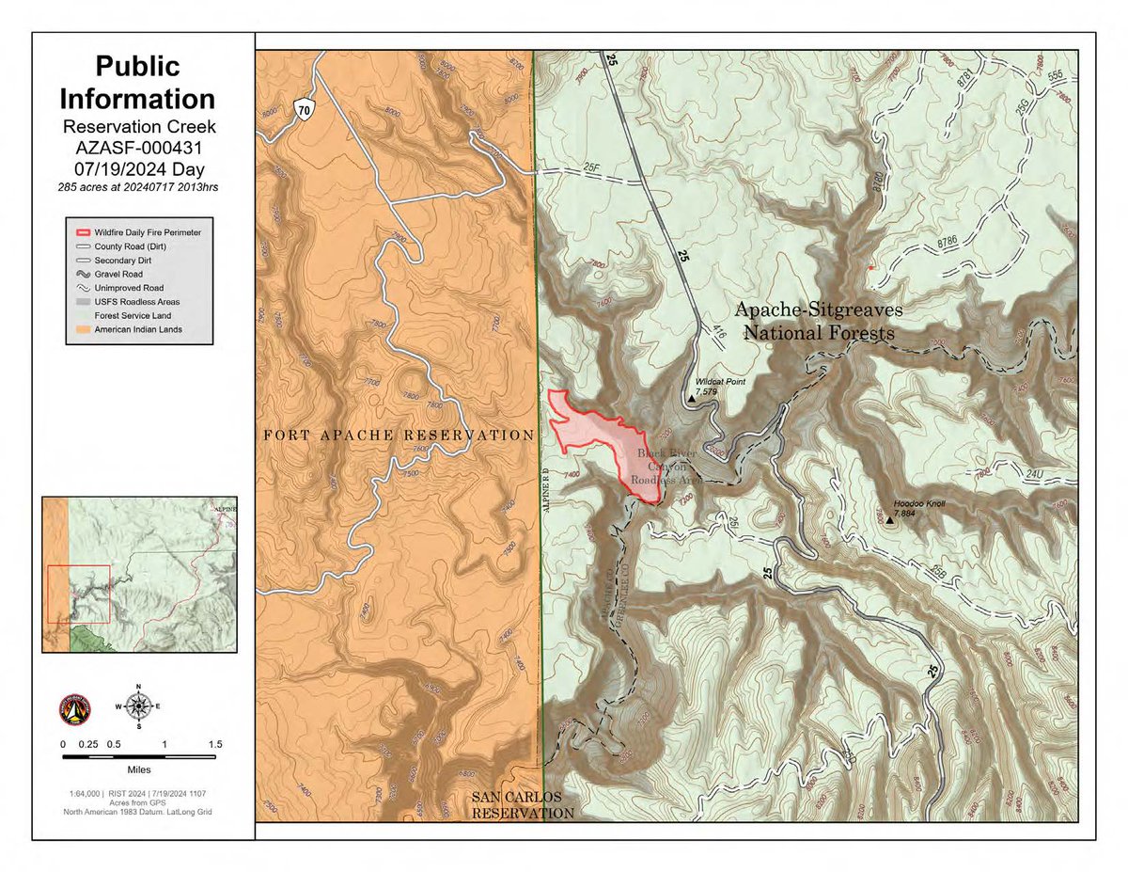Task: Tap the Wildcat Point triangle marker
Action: tap(693, 399)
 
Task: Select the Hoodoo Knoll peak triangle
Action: tap(890, 520)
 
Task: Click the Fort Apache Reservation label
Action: tap(399, 436)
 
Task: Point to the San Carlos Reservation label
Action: tap(516, 805)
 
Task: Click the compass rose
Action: tap(139, 705)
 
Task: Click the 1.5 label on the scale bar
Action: tap(215, 744)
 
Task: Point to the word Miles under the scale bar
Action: tap(138, 769)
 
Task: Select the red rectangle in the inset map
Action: tap(79, 594)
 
